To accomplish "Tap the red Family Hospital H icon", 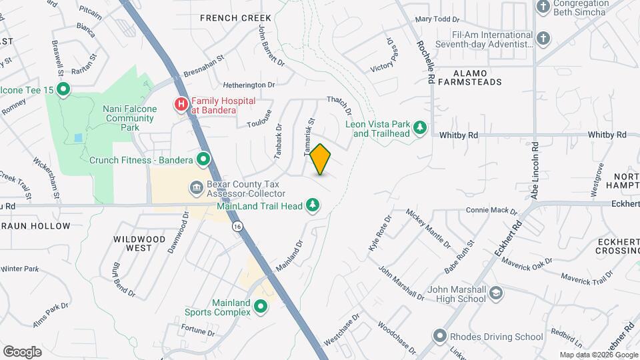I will click(x=181, y=105).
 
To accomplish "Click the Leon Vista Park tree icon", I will click(x=420, y=127).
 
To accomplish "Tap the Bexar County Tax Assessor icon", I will click(x=197, y=187).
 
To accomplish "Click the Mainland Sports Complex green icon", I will click(x=261, y=307).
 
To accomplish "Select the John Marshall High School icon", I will click(x=496, y=293).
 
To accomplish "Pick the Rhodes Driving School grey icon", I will click(x=439, y=336).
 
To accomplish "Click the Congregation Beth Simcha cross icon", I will click(x=543, y=7).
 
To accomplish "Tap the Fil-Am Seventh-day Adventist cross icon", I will click(x=543, y=38).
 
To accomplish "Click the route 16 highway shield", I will click(x=237, y=227).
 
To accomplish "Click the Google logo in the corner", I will click(x=22, y=351).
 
